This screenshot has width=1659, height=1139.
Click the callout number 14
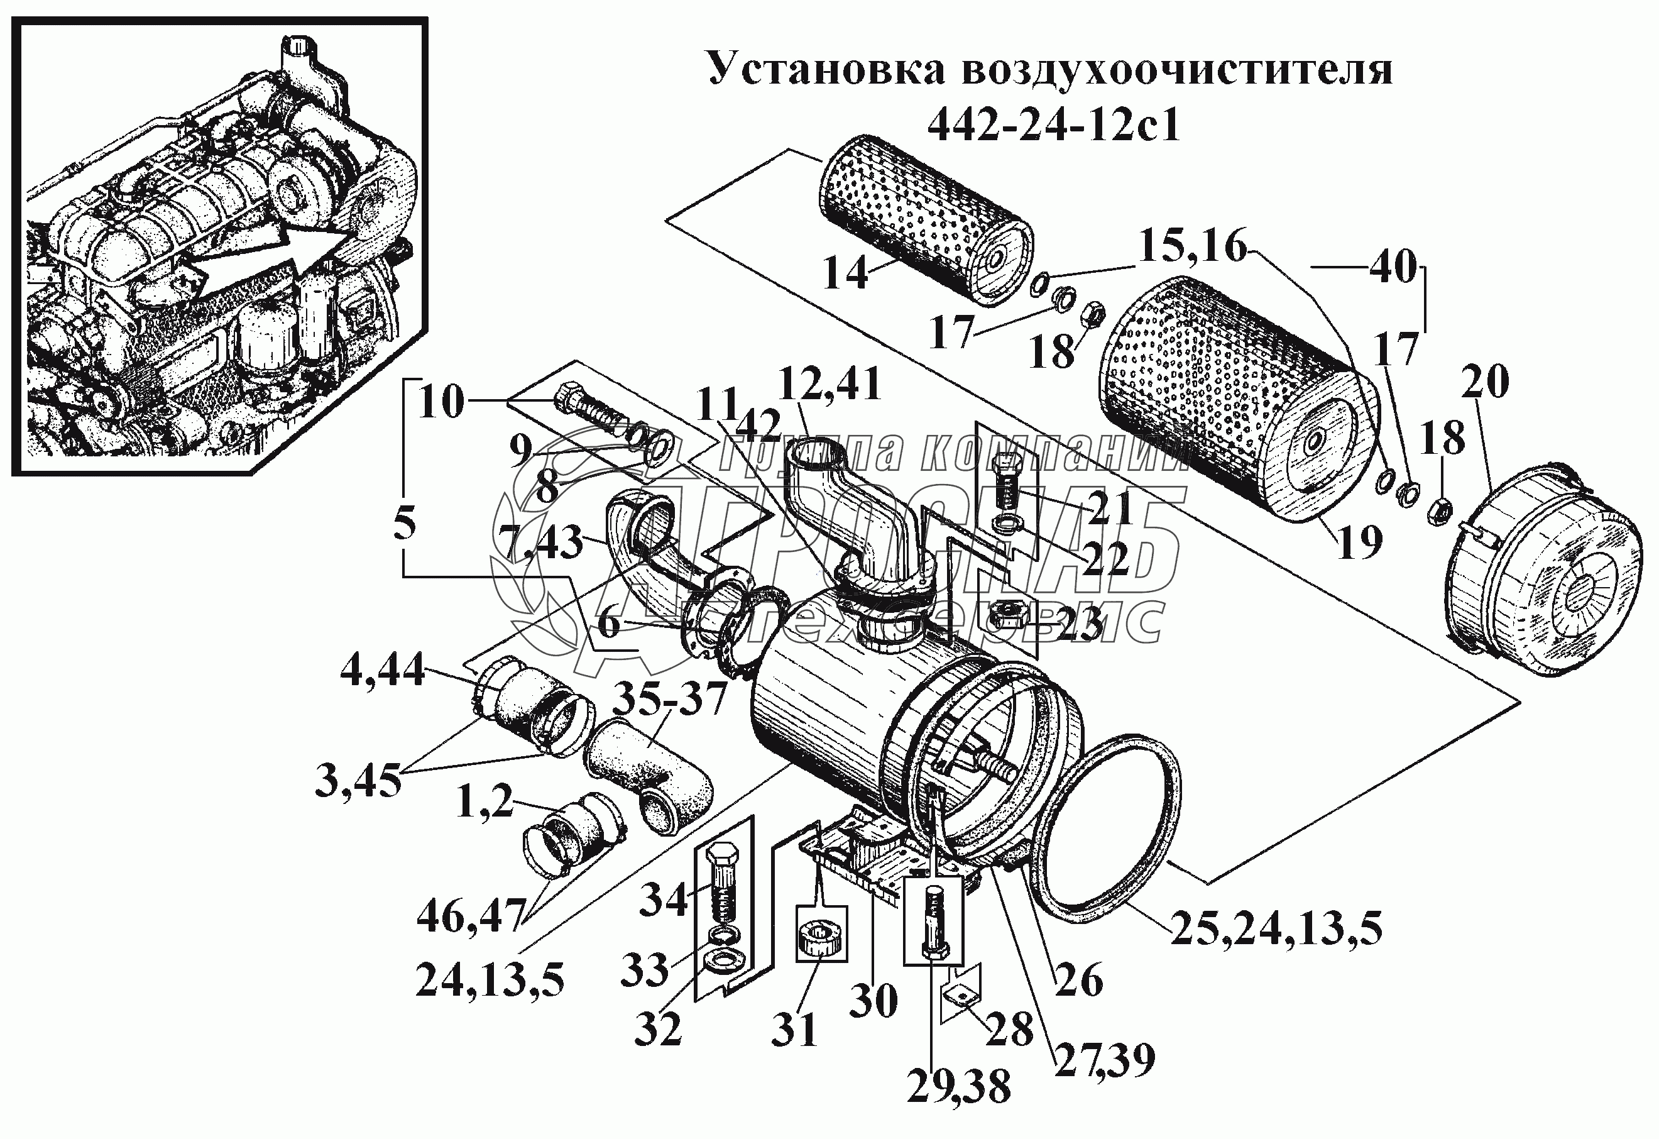(x=845, y=273)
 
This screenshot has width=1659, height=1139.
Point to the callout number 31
(x=794, y=1030)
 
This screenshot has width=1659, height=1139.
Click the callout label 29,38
(x=959, y=1087)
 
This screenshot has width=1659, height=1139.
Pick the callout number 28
(x=1009, y=1029)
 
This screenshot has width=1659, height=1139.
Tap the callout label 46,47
(x=471, y=917)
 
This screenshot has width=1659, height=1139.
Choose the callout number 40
(x=1393, y=268)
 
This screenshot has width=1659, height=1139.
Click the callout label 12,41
(x=830, y=383)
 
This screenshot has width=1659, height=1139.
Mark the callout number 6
(x=609, y=624)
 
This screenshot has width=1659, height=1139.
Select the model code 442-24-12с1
(x=1054, y=126)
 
